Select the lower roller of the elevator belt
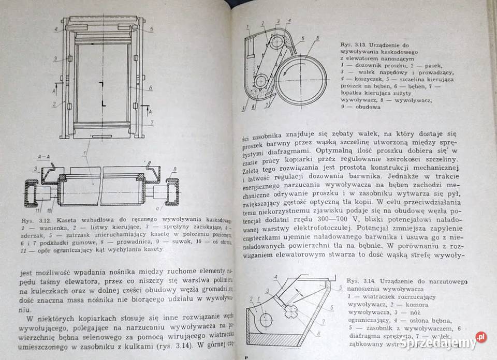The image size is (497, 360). (x=261, y=80)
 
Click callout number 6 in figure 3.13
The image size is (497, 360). (x=317, y=38)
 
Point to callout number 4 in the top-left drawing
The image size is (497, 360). (x=55, y=29)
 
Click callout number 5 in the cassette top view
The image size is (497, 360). (x=151, y=29)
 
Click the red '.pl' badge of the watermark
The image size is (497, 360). (x=481, y=337)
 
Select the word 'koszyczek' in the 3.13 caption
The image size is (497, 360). (x=364, y=79)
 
